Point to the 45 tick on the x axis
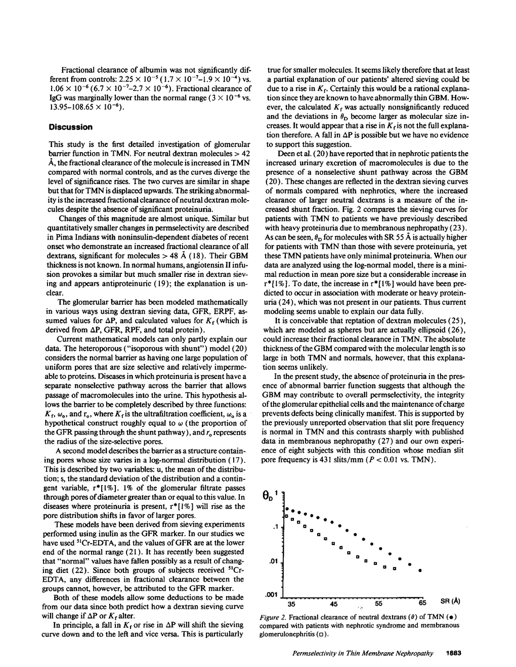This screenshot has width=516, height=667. (x=334, y=603)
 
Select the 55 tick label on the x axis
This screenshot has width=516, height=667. (x=379, y=603)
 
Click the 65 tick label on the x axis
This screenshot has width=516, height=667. (x=422, y=603)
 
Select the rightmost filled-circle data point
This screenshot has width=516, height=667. (x=420, y=570)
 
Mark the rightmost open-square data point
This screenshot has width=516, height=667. (x=394, y=568)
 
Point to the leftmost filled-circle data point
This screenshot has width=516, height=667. (x=286, y=508)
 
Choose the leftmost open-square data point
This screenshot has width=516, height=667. (x=287, y=516)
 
